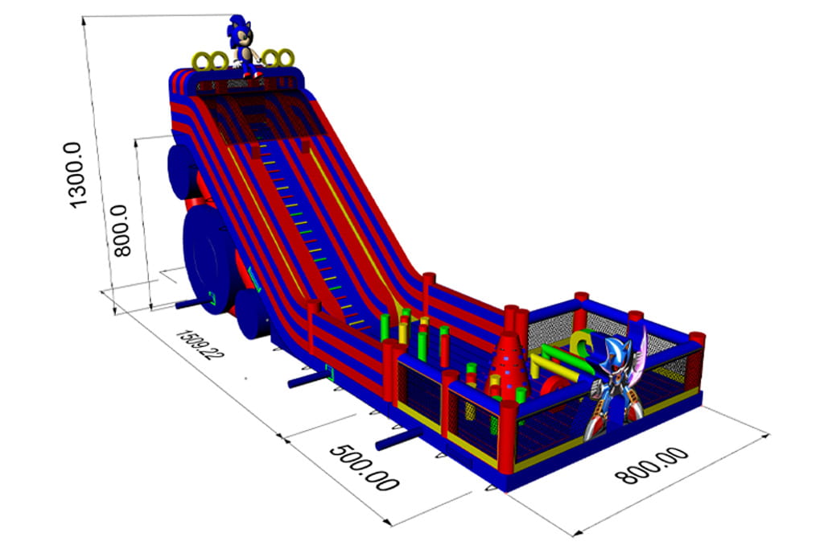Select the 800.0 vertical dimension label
pyautogui.click(x=122, y=231)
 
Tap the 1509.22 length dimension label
pyautogui.click(x=200, y=345)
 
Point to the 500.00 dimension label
pyautogui.click(x=364, y=468)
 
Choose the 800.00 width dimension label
pyautogui.click(x=652, y=465)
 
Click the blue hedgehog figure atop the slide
pyautogui.click(x=243, y=46)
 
